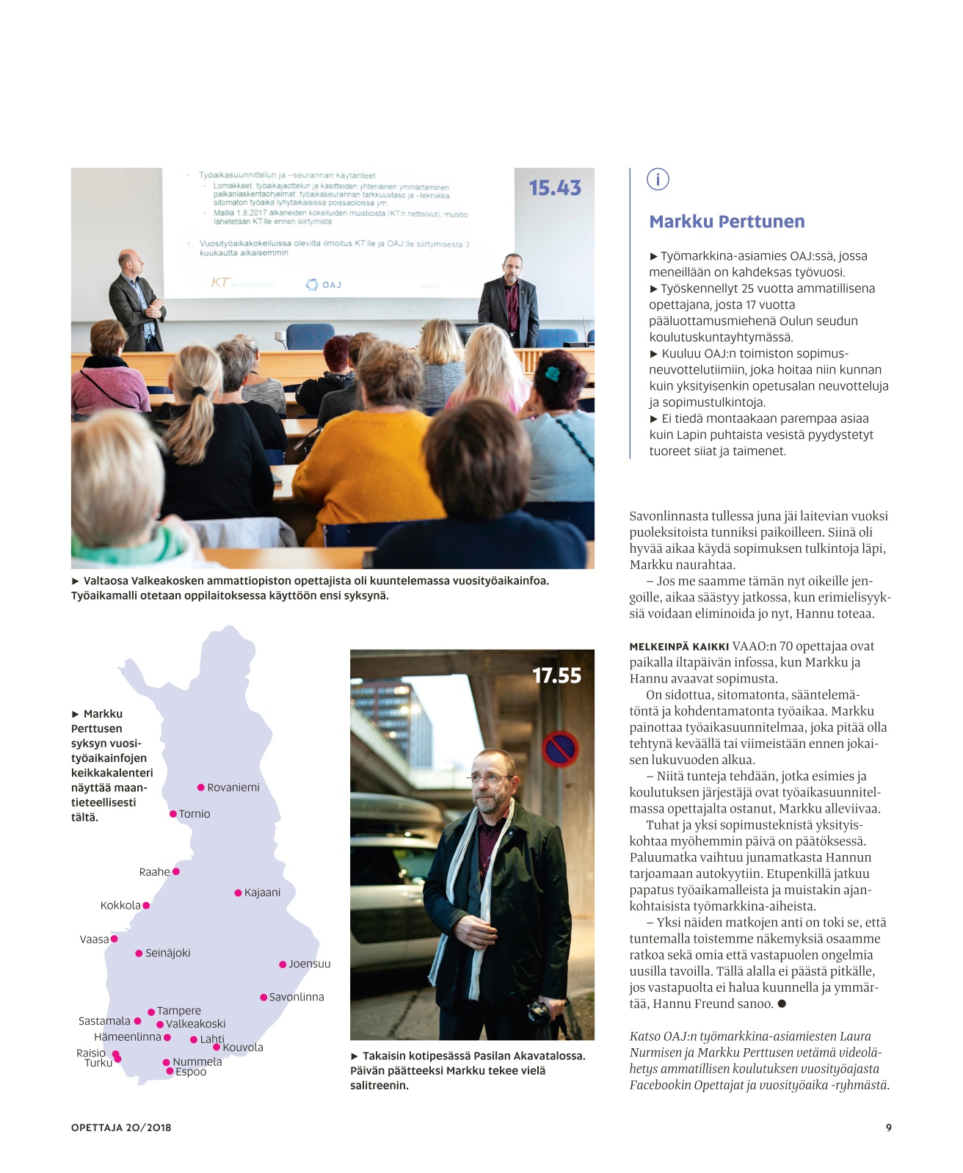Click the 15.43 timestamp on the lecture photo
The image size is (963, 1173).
point(555,189)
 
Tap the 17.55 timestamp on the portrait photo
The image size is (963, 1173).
point(556,676)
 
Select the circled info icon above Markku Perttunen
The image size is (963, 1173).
point(658,179)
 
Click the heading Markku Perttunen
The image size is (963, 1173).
point(727,222)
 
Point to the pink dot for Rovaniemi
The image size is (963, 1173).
point(201,788)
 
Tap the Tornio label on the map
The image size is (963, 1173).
point(195,814)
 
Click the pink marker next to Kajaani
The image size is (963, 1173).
point(238,893)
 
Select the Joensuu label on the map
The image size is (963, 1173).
point(310,964)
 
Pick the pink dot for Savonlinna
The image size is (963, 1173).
point(264,998)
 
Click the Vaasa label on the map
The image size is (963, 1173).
point(94,940)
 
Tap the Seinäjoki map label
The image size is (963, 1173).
point(168,954)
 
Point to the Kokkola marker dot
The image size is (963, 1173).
point(146,906)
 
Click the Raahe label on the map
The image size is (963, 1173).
point(154,872)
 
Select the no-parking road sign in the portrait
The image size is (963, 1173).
point(560,749)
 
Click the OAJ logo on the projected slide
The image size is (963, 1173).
point(324,284)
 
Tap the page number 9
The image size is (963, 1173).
point(888,1127)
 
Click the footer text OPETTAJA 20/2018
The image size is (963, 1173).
point(121,1127)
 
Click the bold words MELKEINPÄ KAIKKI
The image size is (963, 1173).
point(679,647)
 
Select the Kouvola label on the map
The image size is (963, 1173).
point(243,1048)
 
